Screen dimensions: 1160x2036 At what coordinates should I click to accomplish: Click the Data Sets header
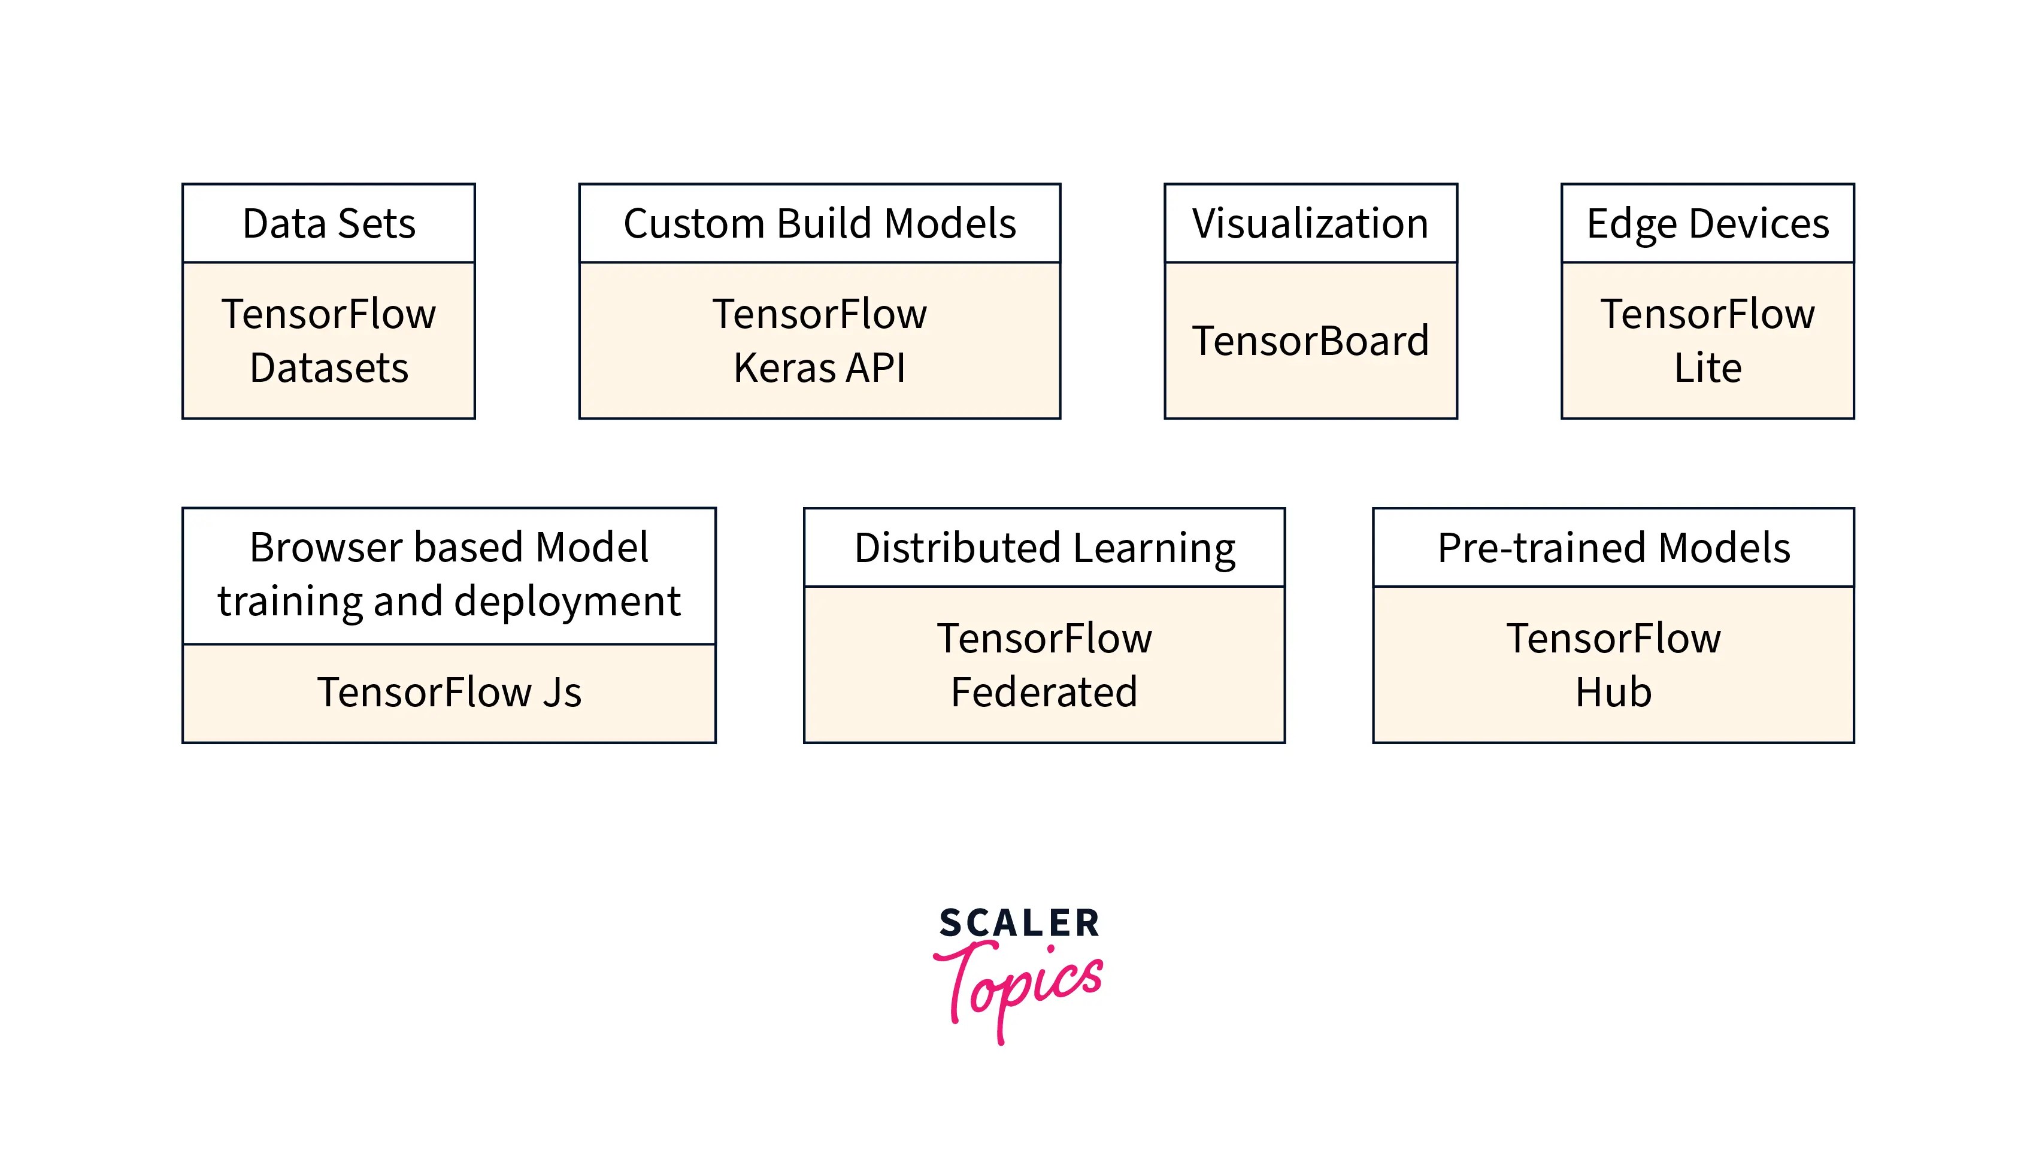coord(328,223)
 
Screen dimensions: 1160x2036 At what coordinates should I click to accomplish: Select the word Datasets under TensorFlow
coord(328,368)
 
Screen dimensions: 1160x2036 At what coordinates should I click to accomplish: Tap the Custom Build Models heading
coord(819,223)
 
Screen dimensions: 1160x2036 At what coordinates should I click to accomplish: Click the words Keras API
coord(819,368)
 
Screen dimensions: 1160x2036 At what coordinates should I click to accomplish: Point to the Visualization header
coord(1310,223)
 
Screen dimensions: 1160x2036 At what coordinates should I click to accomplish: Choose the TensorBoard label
coord(1310,341)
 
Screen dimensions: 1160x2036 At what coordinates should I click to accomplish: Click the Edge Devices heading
coord(1707,223)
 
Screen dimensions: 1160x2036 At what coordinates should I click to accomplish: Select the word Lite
coord(1707,368)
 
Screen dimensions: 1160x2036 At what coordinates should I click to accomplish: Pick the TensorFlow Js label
coord(449,691)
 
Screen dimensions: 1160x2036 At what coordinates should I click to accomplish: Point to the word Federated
coord(1044,691)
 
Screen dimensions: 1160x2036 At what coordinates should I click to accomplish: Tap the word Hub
coord(1613,691)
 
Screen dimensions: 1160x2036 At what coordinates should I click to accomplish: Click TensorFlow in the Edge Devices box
coord(1707,314)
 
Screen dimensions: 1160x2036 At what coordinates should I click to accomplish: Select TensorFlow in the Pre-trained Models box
coord(1613,638)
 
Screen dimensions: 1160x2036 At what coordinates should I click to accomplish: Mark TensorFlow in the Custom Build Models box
coord(819,314)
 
